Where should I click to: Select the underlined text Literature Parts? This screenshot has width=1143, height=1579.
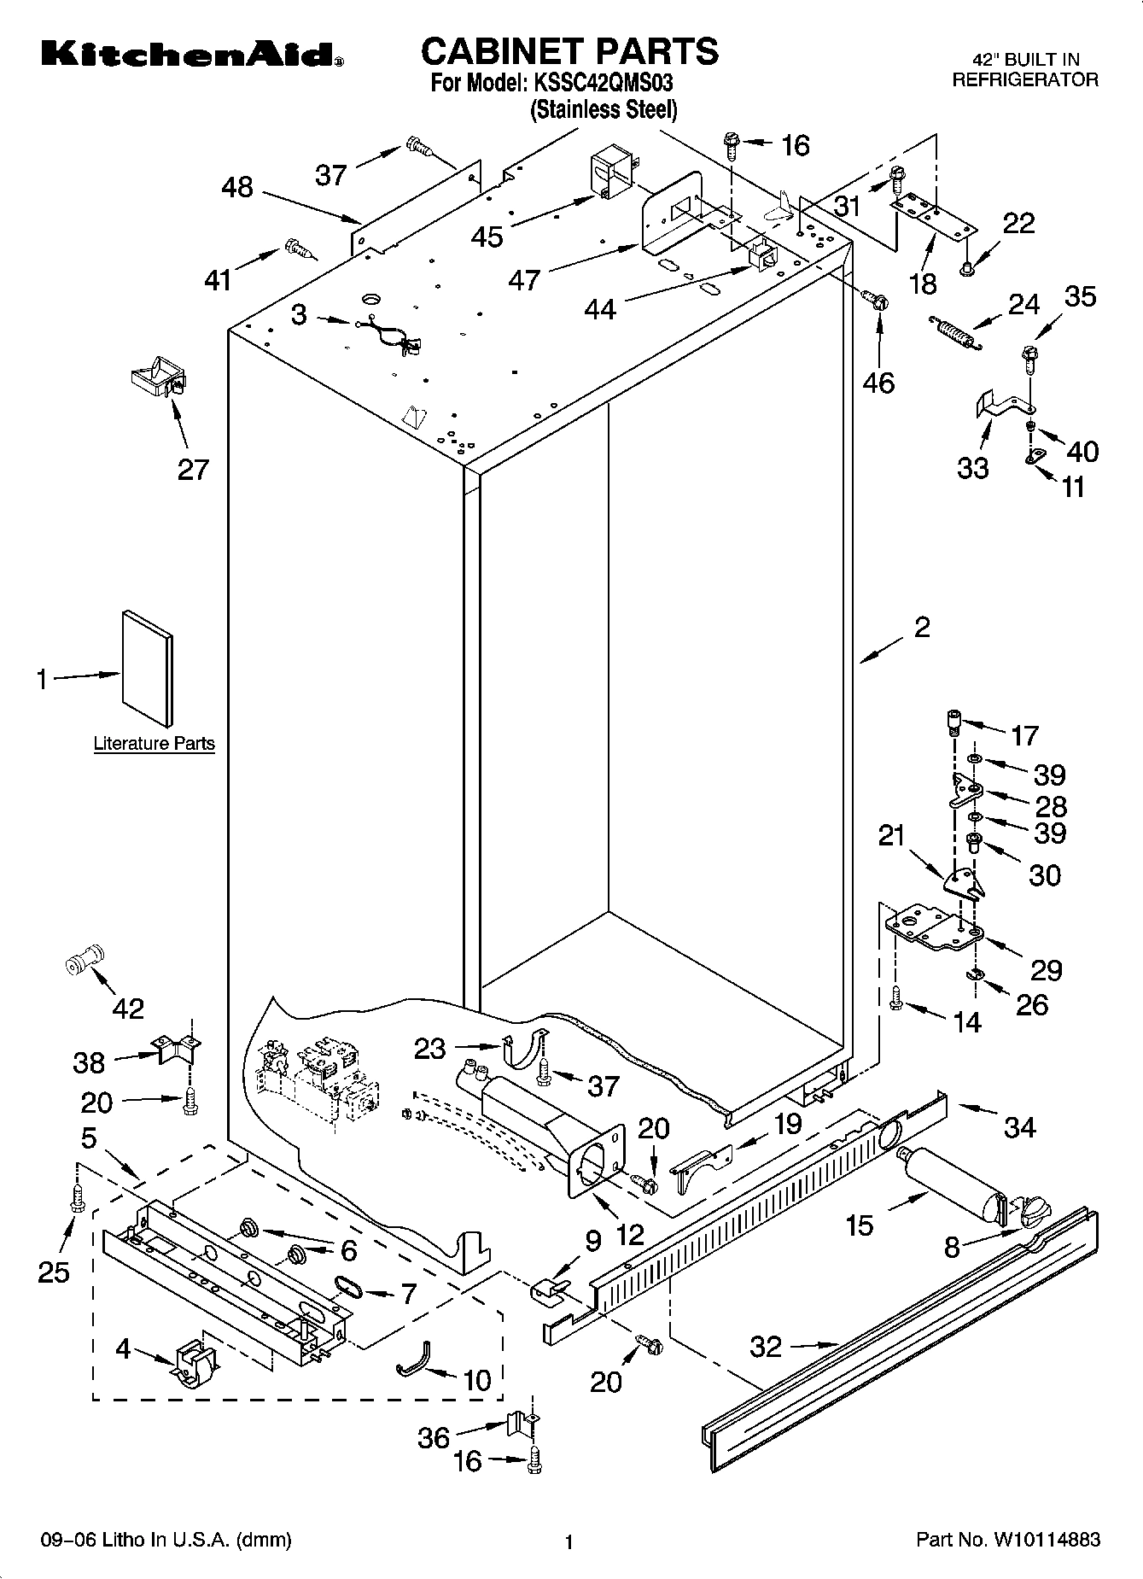(154, 744)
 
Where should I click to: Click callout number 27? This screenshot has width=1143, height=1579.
(193, 469)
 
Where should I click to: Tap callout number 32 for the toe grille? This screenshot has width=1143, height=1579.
(766, 1347)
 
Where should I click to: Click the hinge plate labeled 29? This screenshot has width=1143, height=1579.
(934, 929)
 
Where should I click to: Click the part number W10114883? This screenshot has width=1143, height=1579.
(1045, 1541)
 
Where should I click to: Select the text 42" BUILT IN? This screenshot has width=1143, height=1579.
(1026, 60)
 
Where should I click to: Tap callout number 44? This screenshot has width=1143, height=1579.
(600, 309)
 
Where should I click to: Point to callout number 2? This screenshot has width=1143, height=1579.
(922, 628)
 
